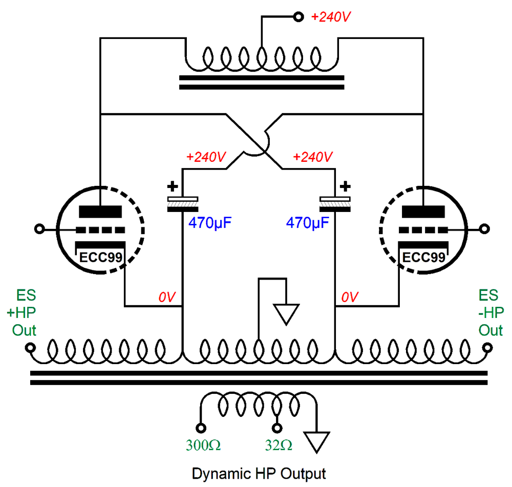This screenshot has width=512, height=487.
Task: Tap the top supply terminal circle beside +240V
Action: [298, 17]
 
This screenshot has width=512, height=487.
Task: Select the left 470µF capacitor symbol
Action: [183, 204]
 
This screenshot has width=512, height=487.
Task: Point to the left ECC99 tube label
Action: [100, 258]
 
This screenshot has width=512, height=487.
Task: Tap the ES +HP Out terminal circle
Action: [30, 348]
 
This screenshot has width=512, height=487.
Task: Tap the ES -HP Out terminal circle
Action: [488, 348]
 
